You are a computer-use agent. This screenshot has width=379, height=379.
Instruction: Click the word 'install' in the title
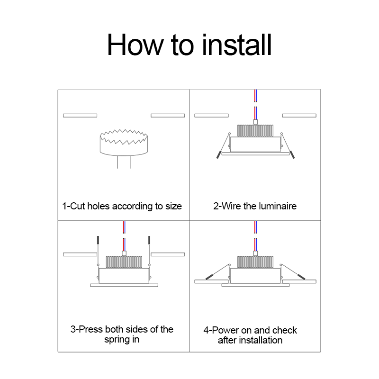tap(237, 45)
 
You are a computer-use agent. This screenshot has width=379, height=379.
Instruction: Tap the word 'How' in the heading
tap(135, 45)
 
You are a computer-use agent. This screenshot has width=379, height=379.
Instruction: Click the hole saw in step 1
tap(124, 143)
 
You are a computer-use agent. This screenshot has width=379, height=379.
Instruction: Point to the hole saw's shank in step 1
tap(124, 162)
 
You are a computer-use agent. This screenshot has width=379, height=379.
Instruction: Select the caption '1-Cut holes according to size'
tap(122, 206)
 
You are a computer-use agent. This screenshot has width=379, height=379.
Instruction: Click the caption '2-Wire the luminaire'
tap(255, 206)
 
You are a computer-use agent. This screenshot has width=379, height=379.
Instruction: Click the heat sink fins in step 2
tap(255, 131)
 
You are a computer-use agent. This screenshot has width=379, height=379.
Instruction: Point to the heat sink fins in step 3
tap(124, 262)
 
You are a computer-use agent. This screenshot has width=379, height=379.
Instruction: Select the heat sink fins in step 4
tap(255, 262)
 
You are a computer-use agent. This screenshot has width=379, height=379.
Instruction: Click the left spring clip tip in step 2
tap(218, 155)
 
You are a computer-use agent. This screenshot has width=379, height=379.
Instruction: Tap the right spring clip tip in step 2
tap(292, 155)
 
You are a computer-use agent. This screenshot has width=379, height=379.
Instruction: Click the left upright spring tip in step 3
tap(98, 240)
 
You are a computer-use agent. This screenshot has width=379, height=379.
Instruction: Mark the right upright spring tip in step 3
tap(149, 240)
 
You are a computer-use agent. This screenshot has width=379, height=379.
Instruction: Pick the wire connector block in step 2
tap(255, 122)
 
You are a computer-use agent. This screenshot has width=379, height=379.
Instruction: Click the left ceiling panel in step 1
tap(80, 116)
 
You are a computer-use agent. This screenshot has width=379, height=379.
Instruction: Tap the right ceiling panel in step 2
tap(299, 116)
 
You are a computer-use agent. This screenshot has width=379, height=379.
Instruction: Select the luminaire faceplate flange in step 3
tap(124, 285)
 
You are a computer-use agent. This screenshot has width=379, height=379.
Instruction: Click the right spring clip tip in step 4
tap(301, 277)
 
